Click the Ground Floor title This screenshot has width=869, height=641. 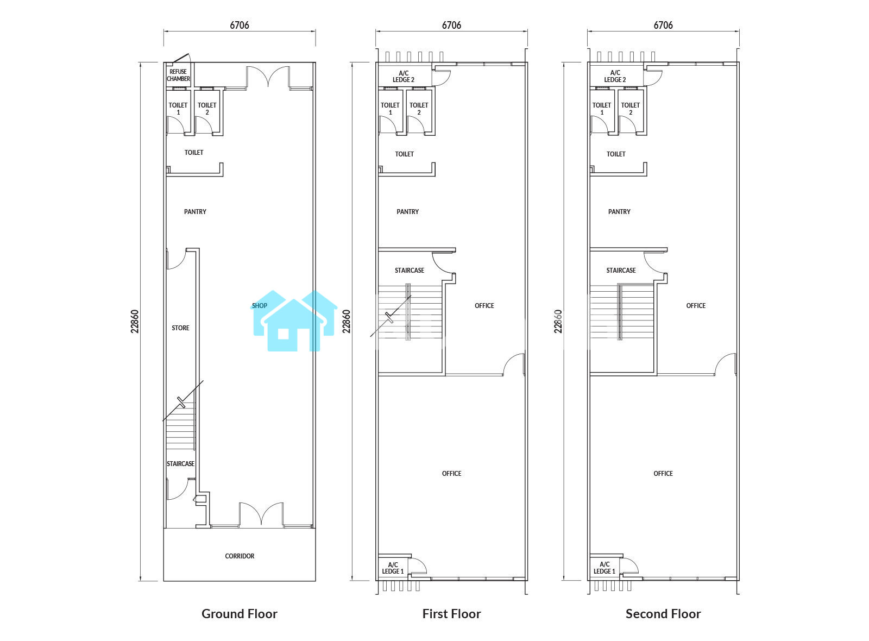coord(240,614)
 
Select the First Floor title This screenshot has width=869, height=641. coord(451,614)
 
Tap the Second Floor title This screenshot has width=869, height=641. coord(663,614)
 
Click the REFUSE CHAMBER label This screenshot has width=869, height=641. coord(179,76)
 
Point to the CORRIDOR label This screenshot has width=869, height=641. coord(240,556)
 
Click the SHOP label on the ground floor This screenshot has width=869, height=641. coord(260,306)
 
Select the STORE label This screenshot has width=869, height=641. coord(181,328)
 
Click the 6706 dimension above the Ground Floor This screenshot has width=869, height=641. coord(240,25)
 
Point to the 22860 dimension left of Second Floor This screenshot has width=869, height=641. coord(558,321)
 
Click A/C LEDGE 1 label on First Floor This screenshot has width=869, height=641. coord(393,568)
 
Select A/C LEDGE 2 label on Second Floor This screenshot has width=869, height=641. coord(615,76)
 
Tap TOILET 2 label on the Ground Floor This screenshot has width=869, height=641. coord(207,109)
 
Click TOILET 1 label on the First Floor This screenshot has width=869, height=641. coord(390,109)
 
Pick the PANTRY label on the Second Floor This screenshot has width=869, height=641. coord(619,212)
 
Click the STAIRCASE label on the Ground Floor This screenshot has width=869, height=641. coord(181,464)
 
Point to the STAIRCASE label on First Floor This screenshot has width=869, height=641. coord(410,271)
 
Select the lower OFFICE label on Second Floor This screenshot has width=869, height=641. coord(663,473)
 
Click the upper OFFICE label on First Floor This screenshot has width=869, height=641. coord(484,306)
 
